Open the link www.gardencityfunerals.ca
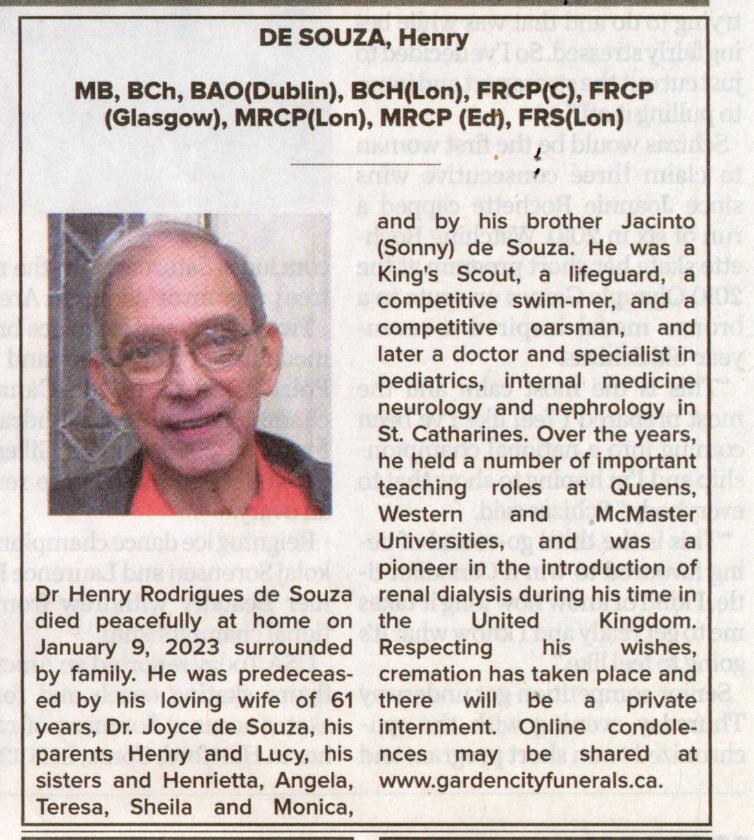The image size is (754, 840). (x=521, y=781)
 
